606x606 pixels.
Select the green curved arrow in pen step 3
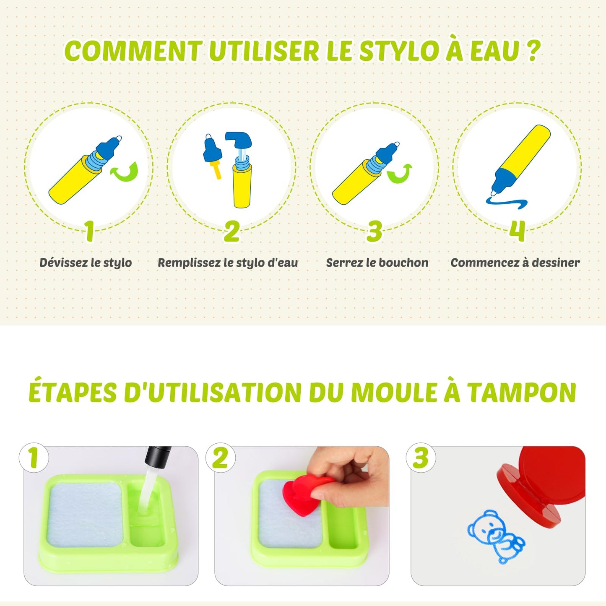point(399,174)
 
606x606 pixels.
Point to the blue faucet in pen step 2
point(239,140)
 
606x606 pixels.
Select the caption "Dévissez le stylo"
point(86,263)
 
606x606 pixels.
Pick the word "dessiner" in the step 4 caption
point(557,263)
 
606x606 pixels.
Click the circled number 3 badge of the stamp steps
point(421,458)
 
